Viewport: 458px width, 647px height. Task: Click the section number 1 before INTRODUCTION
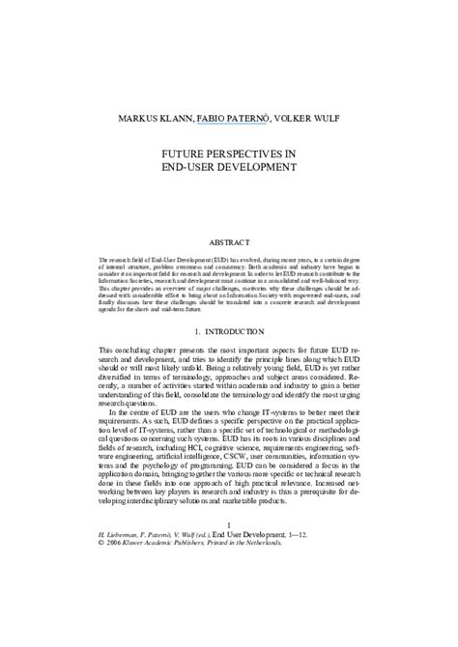click(188, 330)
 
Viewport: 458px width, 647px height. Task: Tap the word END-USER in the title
click(190, 166)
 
